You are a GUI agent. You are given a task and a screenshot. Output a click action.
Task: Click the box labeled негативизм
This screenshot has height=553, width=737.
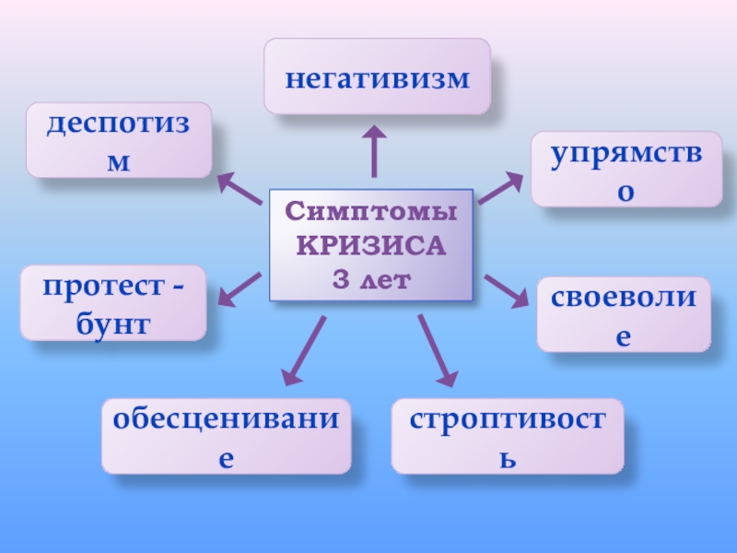(377, 76)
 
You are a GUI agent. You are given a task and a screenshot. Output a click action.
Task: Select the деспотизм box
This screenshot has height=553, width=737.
(119, 140)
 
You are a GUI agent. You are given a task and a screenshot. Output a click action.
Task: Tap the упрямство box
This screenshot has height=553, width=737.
(626, 169)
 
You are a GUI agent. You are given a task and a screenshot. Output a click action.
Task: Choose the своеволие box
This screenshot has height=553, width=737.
(624, 314)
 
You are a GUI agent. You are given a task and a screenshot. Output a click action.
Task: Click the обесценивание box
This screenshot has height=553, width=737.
(226, 436)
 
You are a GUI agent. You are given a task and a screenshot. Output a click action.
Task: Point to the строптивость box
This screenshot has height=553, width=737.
(508, 436)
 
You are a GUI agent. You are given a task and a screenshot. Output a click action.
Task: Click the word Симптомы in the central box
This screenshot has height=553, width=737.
(370, 214)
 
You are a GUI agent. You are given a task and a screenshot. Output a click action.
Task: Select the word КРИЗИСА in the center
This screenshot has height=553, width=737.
(370, 246)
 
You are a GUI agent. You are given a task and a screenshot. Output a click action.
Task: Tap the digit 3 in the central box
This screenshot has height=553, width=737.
(339, 278)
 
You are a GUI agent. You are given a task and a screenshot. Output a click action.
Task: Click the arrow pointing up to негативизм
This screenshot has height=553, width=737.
(374, 152)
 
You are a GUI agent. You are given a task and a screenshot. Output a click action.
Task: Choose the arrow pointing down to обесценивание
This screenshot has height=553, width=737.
(305, 350)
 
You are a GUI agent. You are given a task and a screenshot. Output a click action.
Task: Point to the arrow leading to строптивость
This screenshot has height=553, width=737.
(437, 350)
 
